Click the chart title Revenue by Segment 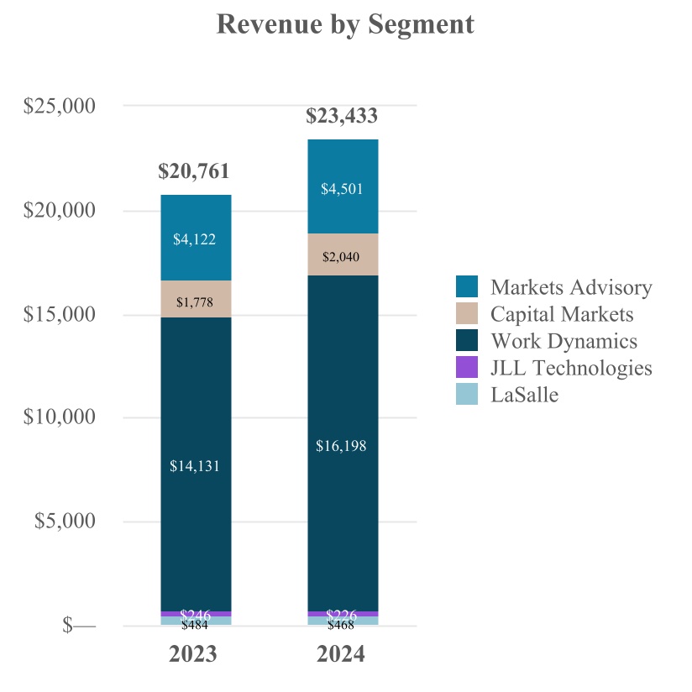coord(345,24)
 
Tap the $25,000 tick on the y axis coord(60,107)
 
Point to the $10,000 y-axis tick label coord(60,417)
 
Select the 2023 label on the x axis coord(194,654)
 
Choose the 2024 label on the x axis coord(341,654)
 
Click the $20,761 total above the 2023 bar coord(194,172)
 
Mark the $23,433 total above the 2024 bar coord(341,116)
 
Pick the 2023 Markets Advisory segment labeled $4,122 coord(195,239)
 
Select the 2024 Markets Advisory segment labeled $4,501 coord(342,189)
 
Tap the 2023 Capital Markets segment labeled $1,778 coord(195,301)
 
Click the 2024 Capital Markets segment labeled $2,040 coord(342,255)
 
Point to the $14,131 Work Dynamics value coord(195,466)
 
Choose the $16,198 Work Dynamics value coord(342,446)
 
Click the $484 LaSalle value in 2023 coord(195,624)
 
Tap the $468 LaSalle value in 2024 coord(342,624)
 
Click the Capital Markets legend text coord(562,314)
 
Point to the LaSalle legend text coord(524,394)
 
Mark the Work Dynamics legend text coord(564,341)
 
